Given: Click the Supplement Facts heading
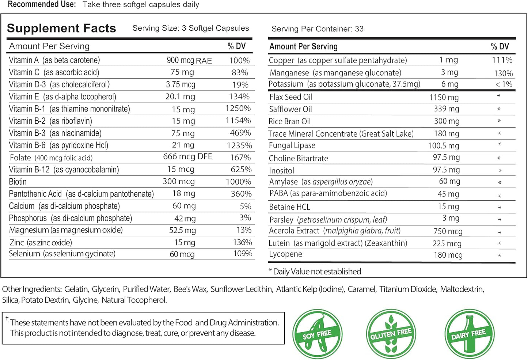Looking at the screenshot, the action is (61, 28).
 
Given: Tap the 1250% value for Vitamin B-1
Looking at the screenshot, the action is (238, 108).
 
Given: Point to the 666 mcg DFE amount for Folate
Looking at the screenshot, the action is (187, 156).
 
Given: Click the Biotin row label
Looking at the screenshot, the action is (18, 182).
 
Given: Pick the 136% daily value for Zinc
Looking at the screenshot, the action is (243, 242).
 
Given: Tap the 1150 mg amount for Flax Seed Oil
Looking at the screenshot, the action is (444, 97).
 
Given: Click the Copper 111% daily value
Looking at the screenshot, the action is (502, 60).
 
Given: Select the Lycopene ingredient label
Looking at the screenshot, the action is (285, 254).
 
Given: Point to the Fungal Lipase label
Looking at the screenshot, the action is (292, 145).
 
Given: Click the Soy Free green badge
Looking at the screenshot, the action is (317, 334).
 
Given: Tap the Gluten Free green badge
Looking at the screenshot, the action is (391, 334).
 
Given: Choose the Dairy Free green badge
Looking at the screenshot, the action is (469, 334).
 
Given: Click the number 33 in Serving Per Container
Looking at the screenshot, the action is (359, 29).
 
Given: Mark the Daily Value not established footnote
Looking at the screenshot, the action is (315, 271).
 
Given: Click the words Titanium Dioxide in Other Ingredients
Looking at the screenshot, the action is (408, 289).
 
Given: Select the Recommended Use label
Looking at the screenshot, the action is (42, 4).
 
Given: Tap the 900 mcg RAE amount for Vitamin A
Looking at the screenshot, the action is (189, 60).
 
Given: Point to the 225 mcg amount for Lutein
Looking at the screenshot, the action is (447, 243).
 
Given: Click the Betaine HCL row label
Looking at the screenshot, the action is (289, 207).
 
